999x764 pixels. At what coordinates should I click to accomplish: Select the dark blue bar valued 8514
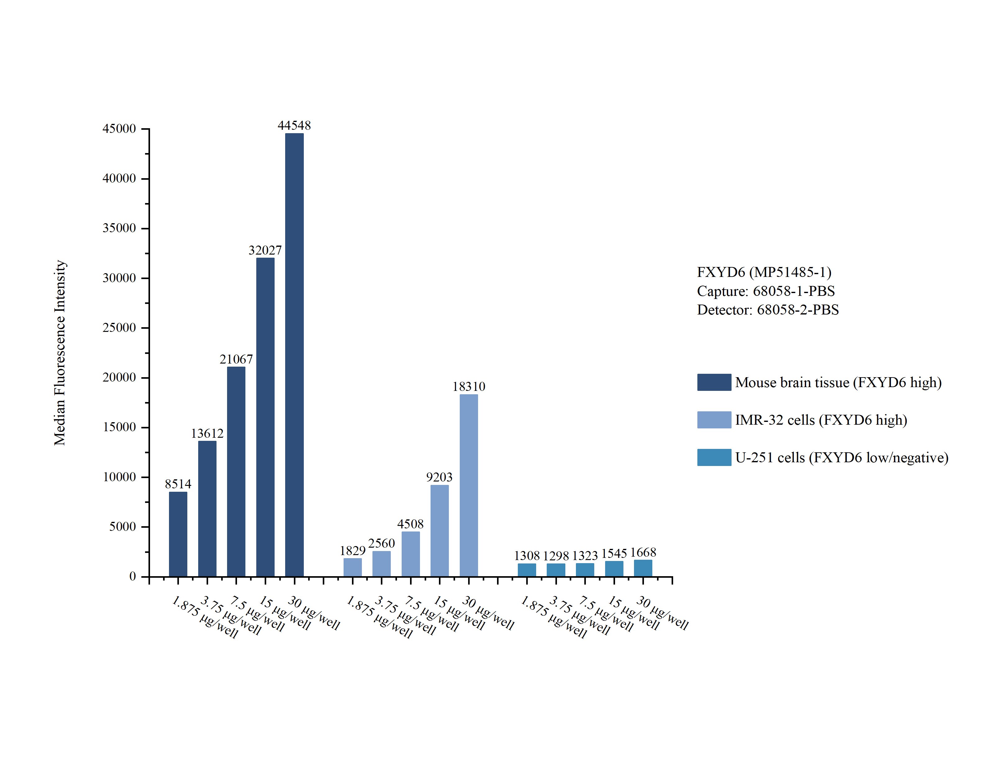[178, 534]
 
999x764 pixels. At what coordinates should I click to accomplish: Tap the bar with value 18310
[468, 485]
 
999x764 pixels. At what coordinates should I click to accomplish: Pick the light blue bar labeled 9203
[440, 531]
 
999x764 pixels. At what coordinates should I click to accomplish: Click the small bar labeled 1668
[643, 568]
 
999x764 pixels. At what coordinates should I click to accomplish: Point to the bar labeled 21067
[236, 472]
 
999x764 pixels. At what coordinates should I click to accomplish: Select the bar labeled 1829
[353, 567]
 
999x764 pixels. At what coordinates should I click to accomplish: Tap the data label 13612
[207, 433]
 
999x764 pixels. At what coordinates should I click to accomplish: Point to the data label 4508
[410, 524]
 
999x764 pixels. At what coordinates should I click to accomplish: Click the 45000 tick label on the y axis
[119, 129]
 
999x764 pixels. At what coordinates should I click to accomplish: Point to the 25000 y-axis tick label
[119, 328]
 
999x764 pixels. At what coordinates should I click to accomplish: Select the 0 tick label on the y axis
[132, 576]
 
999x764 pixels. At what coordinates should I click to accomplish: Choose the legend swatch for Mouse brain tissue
[714, 382]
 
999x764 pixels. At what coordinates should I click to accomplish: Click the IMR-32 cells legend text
[821, 420]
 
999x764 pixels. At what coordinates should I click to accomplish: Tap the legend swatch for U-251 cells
[714, 457]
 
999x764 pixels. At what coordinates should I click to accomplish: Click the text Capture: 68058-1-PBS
[766, 291]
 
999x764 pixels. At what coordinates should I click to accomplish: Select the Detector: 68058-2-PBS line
[768, 310]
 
